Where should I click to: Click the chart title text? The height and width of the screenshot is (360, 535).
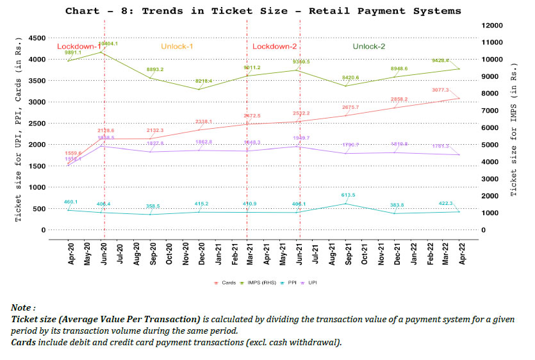point(263,11)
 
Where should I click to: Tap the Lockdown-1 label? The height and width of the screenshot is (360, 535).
point(78,47)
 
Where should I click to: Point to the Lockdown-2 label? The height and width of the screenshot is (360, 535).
point(274,47)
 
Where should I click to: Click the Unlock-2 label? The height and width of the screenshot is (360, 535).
point(369,47)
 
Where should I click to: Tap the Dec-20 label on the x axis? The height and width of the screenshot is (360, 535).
point(201,256)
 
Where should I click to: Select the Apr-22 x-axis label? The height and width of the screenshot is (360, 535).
point(459,256)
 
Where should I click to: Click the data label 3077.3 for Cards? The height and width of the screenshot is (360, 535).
point(440,90)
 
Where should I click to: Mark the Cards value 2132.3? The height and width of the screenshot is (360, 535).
point(156,130)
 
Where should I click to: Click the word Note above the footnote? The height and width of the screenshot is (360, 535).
point(22,308)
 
